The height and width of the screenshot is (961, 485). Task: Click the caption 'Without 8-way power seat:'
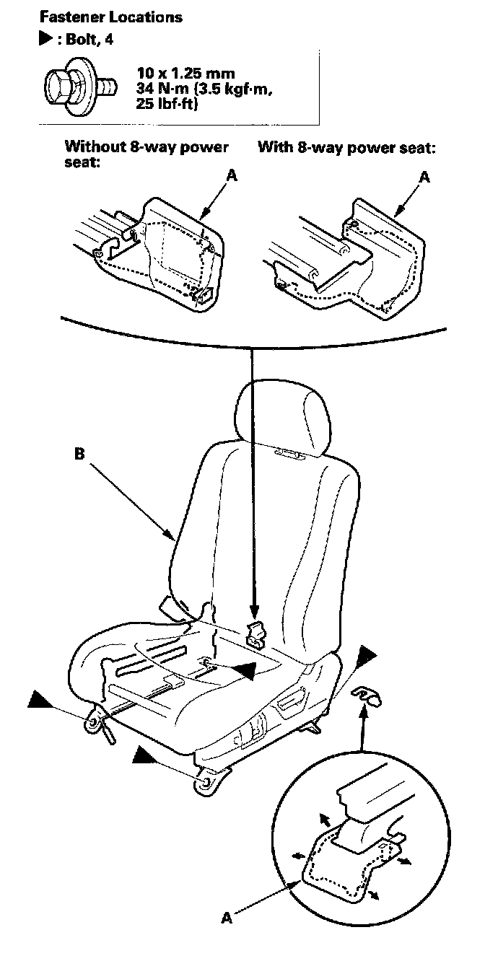tap(147, 154)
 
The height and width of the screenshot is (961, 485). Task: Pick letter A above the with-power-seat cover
tap(424, 177)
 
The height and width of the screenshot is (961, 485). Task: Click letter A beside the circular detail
tap(228, 918)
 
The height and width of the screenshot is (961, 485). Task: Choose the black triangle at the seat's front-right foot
tap(148, 755)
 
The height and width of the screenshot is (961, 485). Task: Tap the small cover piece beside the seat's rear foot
tap(367, 696)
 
